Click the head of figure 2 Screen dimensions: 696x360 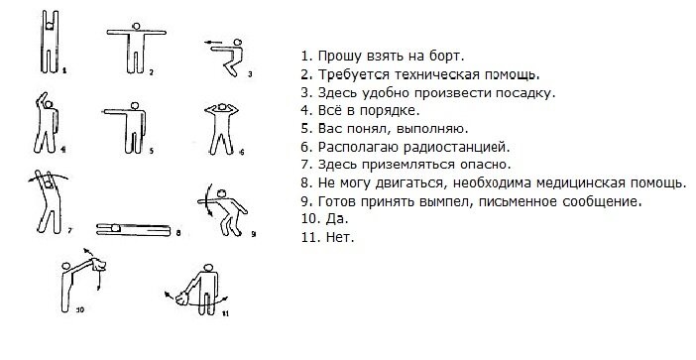coord(136,26)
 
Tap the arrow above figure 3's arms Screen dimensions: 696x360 coord(213,43)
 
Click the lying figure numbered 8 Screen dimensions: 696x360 coord(133,229)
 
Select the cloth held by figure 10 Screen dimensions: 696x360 coord(99,265)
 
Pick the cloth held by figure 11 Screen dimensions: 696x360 coord(182,298)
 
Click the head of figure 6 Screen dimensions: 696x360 coord(221,107)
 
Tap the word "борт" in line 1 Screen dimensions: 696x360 coord(445,57)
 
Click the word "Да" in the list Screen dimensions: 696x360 coord(339,219)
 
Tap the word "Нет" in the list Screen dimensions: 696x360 coord(339,237)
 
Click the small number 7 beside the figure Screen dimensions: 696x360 coord(70,230)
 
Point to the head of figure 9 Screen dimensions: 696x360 coord(223,193)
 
